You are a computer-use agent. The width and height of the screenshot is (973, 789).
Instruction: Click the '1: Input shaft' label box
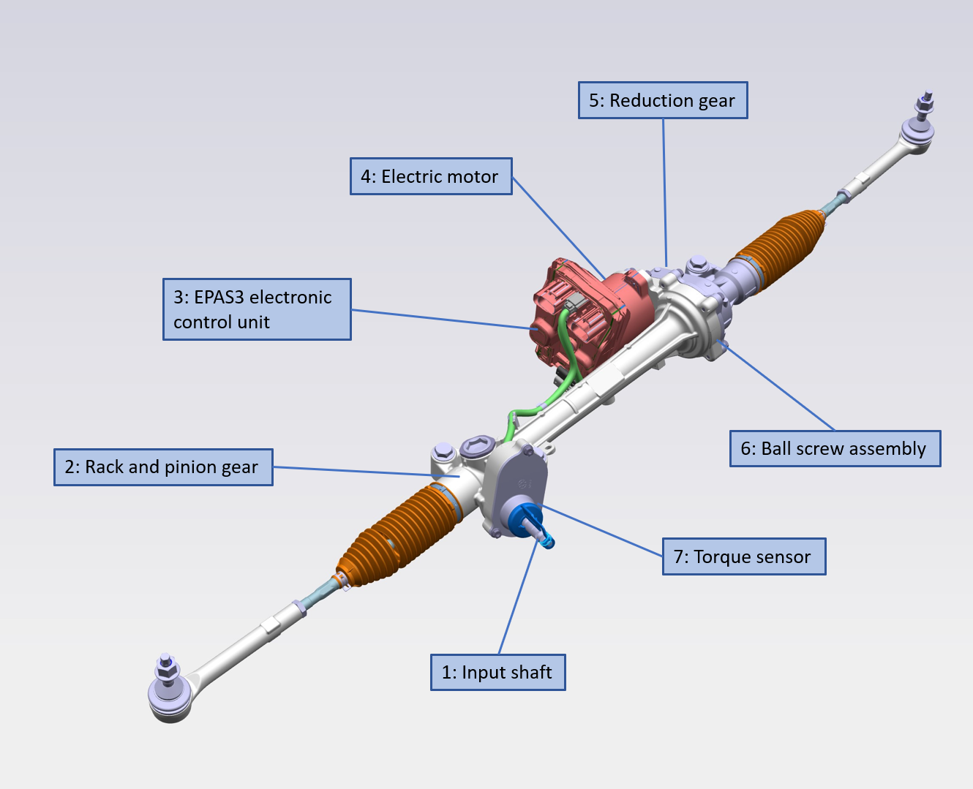(497, 672)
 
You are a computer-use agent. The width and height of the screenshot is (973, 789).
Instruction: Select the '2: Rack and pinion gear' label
(163, 467)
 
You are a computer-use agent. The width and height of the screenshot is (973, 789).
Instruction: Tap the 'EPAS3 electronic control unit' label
(257, 309)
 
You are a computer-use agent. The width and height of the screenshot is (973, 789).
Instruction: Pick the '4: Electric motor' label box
(431, 176)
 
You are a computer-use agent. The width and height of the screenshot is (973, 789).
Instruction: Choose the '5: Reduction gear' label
(663, 100)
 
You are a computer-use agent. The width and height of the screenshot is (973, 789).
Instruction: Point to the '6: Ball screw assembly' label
(835, 448)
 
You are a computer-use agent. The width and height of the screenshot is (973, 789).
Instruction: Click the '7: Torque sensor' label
(744, 556)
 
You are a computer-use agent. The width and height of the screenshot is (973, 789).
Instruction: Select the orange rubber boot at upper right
(779, 249)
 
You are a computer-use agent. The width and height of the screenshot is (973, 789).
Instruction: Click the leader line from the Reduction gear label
(664, 190)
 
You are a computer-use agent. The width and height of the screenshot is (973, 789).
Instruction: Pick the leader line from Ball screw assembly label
(780, 388)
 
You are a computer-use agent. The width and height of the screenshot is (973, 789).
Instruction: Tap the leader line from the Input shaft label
(517, 600)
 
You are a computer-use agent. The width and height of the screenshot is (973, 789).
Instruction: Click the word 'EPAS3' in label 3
(219, 298)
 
